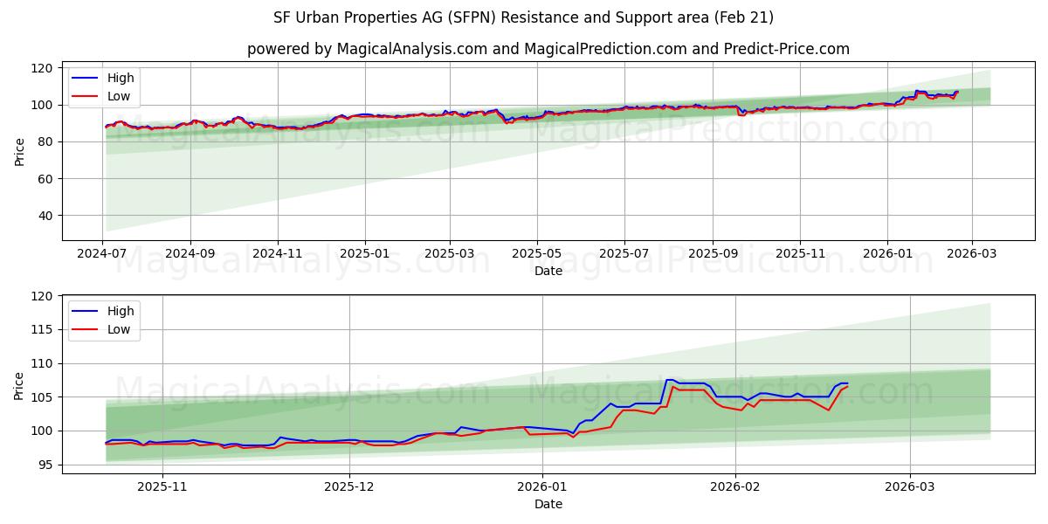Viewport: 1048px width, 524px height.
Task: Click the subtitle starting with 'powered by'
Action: (x=548, y=49)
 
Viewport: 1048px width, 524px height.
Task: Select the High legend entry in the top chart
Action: (x=121, y=79)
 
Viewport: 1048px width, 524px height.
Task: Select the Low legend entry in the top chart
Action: (x=119, y=96)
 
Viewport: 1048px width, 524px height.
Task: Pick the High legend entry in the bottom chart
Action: (x=121, y=312)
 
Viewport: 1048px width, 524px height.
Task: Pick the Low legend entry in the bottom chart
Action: (x=119, y=329)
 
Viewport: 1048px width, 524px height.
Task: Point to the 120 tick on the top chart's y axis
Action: (x=42, y=68)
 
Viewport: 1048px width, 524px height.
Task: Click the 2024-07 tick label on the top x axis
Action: (x=103, y=254)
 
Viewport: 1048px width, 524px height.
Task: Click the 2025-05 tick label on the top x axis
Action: (x=536, y=254)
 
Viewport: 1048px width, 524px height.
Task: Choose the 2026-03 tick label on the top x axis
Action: (x=971, y=254)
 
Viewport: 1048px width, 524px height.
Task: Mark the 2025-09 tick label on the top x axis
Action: (x=713, y=254)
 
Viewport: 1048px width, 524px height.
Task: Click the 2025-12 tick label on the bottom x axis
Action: (x=349, y=487)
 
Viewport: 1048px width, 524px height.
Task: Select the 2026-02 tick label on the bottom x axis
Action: (x=735, y=487)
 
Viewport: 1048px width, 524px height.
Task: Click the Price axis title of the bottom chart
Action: (x=19, y=385)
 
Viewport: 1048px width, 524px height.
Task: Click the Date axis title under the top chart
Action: (x=548, y=271)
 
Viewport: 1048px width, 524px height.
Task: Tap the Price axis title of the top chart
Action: (x=19, y=151)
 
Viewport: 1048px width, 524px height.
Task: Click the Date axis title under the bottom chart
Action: (x=548, y=504)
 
